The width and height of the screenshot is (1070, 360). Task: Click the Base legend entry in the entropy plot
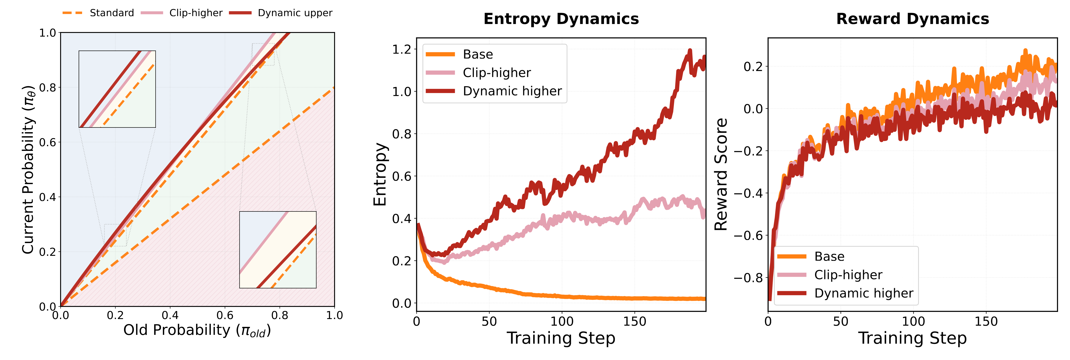pos(478,54)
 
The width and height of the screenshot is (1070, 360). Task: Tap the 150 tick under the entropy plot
pos(634,321)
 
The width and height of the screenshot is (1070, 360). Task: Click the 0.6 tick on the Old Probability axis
pos(225,316)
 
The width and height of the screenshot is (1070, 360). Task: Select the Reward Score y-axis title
pos(721,174)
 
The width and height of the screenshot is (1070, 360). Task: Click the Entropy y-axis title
pos(380,174)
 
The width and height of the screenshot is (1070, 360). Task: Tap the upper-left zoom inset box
pos(117,89)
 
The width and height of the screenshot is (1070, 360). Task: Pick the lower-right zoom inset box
pos(278,250)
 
